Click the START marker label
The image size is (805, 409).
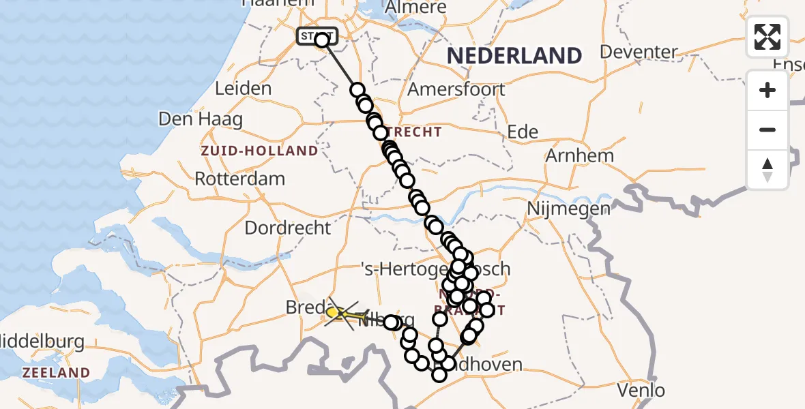pos(316,35)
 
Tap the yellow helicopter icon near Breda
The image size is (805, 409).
pos(345,314)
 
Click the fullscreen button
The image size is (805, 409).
pos(767,37)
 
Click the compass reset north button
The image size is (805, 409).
pos(767,170)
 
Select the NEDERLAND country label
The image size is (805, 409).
pos(514,56)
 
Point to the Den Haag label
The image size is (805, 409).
pos(200,119)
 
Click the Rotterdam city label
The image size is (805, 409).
pos(239,179)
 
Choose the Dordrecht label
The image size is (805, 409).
pos(287,228)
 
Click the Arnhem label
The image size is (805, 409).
pos(579,155)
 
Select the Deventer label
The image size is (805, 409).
pos(639,52)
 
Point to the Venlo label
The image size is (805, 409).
pos(640,391)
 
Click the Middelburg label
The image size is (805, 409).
pos(41,341)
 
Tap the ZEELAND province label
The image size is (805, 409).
pos(56,373)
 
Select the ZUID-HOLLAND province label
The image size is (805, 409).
pos(259,151)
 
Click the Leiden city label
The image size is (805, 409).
pos(243,89)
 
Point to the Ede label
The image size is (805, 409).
pos(523,132)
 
